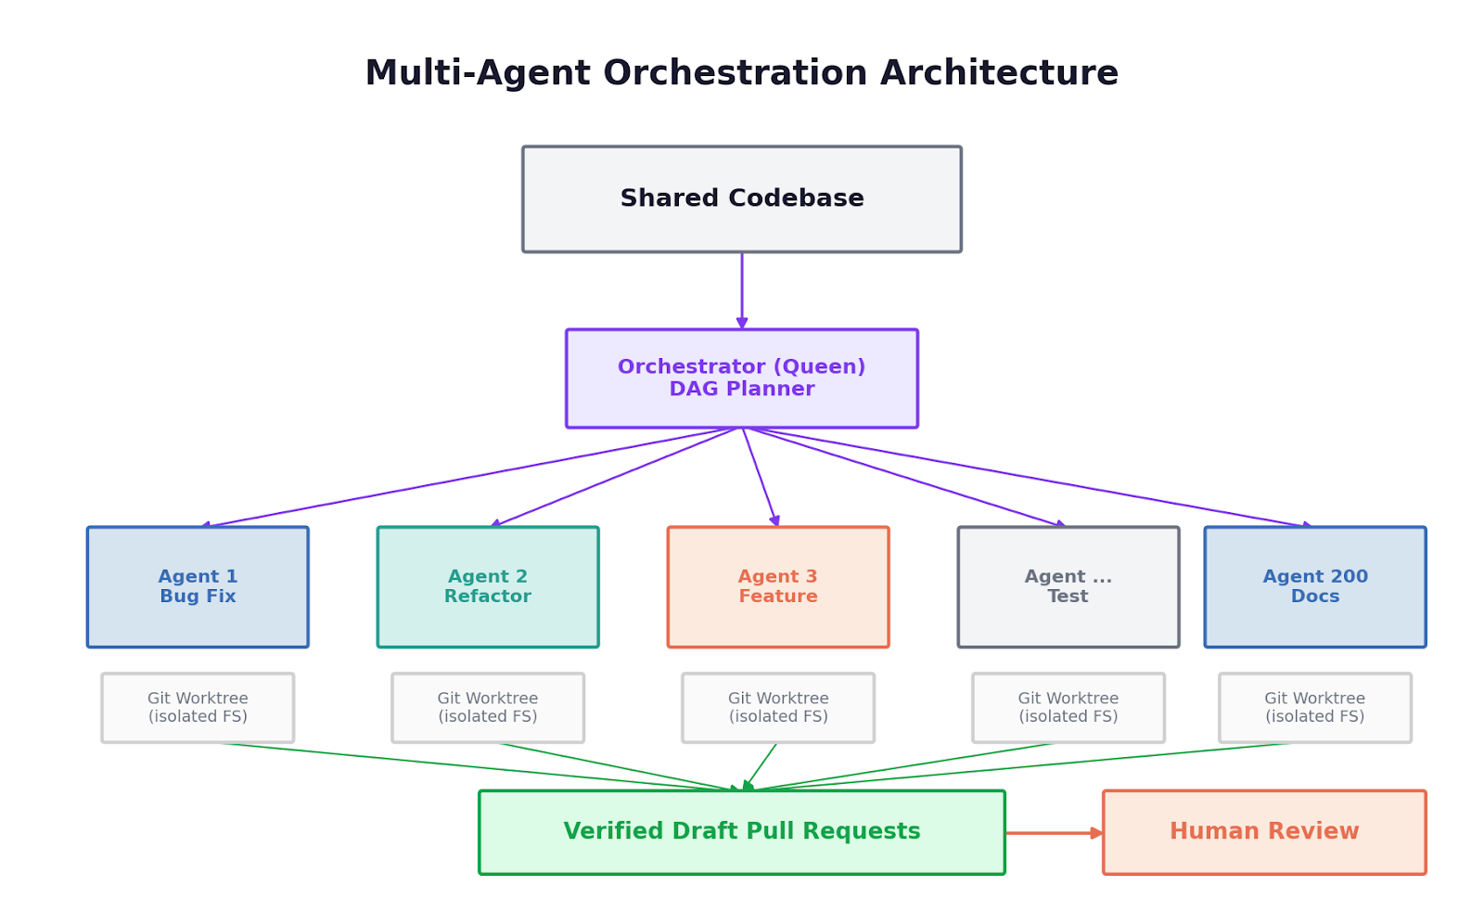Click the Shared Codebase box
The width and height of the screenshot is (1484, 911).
click(741, 199)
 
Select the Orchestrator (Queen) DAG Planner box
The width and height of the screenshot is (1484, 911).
click(741, 379)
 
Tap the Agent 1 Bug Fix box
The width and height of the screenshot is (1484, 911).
click(198, 586)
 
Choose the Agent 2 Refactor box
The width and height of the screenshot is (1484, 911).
click(488, 586)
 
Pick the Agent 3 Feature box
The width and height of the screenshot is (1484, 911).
click(778, 586)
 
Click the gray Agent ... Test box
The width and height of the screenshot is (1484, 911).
click(1068, 586)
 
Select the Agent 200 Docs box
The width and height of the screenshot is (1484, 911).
click(1315, 586)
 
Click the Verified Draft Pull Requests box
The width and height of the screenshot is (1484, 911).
click(741, 832)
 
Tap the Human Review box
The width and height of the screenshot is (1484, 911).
click(1264, 832)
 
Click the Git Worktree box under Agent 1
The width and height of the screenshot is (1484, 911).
click(198, 708)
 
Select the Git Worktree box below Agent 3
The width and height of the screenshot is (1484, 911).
click(778, 708)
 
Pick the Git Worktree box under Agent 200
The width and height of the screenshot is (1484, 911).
click(1315, 708)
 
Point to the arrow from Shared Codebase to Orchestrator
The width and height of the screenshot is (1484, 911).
click(741, 290)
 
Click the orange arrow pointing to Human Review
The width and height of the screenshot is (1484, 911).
click(1054, 833)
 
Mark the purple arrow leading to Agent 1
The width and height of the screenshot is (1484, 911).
click(469, 478)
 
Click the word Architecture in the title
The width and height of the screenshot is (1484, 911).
click(999, 72)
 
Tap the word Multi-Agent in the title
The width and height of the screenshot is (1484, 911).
click(478, 73)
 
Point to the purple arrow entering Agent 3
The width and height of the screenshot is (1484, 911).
click(760, 477)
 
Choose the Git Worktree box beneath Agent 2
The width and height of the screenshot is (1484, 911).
click(488, 708)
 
